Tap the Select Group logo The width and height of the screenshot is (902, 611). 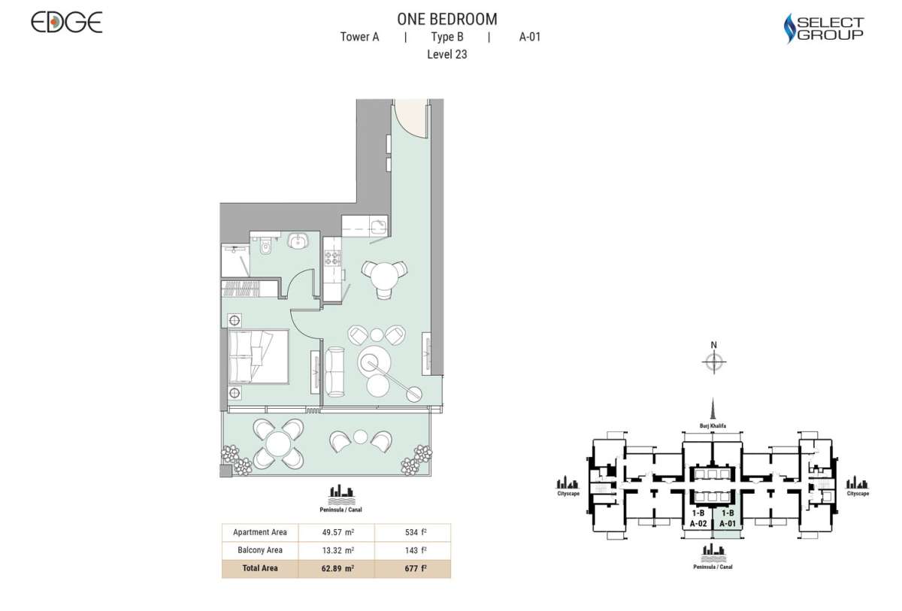(x=823, y=29)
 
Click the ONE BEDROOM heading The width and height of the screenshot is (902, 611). (x=446, y=20)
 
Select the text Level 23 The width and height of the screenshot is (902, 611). (x=446, y=54)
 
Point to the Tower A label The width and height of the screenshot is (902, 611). (x=359, y=37)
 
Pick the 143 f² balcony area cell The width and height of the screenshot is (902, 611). (x=413, y=550)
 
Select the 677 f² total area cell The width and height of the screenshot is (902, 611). (x=413, y=568)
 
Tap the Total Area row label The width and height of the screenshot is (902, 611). (x=259, y=568)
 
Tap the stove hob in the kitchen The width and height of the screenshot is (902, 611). (x=332, y=259)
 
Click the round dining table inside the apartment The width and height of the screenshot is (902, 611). (x=385, y=276)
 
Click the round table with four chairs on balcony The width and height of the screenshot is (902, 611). (x=278, y=444)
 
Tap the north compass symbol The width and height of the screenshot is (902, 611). (x=713, y=363)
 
